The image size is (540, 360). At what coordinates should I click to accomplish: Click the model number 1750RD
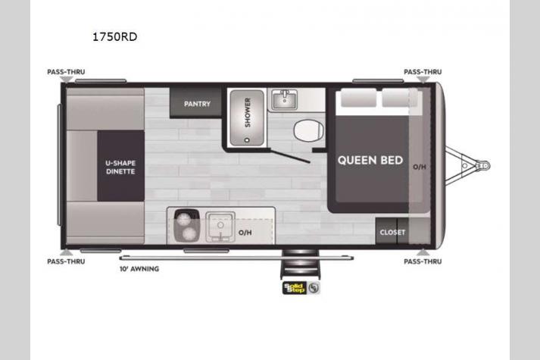pos(114,37)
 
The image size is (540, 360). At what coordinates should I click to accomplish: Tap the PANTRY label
pos(197,104)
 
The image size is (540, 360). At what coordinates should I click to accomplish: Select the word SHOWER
pos(248,113)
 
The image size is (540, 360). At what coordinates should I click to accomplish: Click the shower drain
pos(247,140)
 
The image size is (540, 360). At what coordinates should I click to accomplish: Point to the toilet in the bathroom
pos(308,130)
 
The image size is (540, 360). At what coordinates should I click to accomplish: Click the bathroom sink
pos(284,99)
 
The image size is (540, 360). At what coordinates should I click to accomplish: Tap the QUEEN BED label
pos(370,160)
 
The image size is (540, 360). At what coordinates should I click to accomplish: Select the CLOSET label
pos(392,233)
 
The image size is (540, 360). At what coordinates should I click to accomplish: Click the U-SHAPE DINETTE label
pos(120,167)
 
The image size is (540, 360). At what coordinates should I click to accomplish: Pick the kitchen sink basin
pos(220,227)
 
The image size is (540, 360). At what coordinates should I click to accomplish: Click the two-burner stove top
pos(186,226)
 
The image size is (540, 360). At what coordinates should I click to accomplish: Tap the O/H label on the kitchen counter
pos(245,233)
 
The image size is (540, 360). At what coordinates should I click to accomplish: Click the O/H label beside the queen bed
pos(419,167)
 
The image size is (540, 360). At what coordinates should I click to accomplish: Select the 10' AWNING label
pos(139,269)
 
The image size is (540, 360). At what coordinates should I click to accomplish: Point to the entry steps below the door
pos(301,264)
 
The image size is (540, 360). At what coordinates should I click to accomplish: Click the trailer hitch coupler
pos(483,166)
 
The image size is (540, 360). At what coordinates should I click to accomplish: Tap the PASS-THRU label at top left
pos(66,72)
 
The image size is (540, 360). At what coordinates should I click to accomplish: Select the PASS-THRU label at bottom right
pos(423,261)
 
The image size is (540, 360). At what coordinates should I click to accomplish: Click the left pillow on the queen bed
pos(358,98)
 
